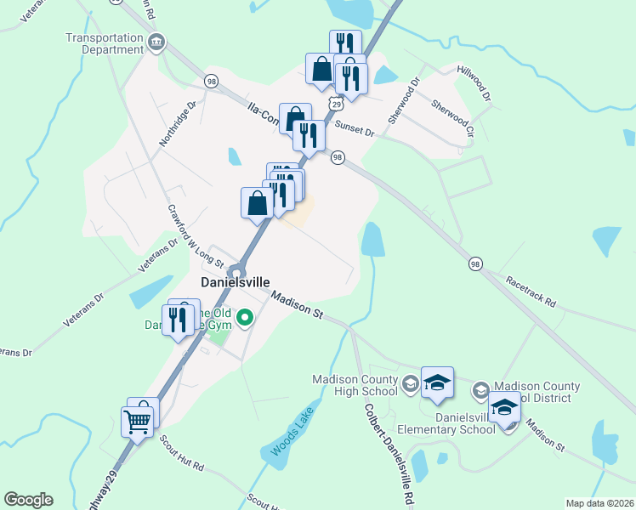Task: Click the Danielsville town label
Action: click(x=235, y=282)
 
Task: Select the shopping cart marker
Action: click(x=138, y=421)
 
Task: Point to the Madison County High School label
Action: click(x=355, y=385)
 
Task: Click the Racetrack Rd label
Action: click(x=530, y=291)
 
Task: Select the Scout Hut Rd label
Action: click(x=181, y=452)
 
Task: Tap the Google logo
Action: click(x=28, y=500)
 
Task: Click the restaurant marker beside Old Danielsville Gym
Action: click(x=178, y=320)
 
